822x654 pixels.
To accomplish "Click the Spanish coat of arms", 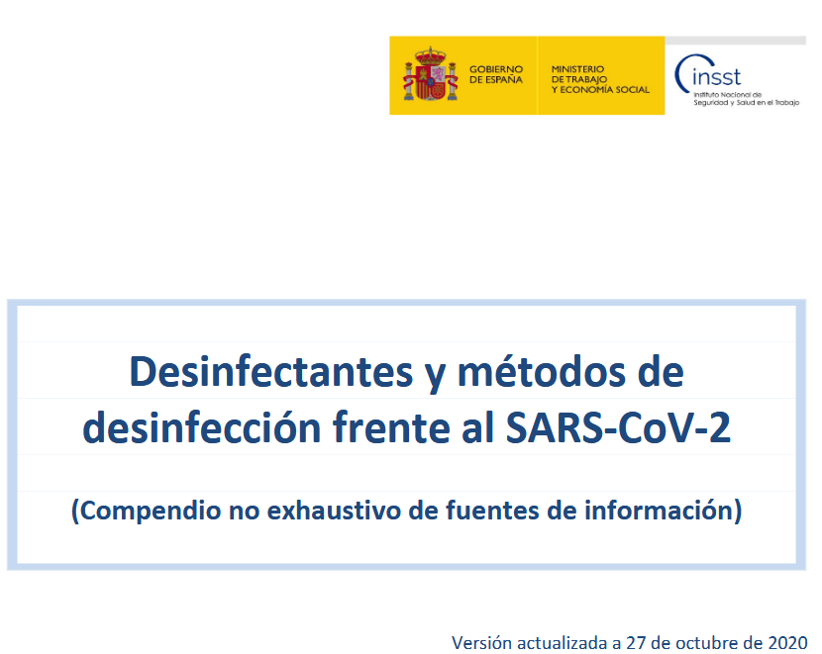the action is click(x=431, y=74).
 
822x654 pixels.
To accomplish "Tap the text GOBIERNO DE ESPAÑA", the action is click(x=496, y=74).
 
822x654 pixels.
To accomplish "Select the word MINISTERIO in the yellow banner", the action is click(x=577, y=68).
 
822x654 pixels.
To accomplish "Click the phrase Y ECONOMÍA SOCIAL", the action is click(x=600, y=89).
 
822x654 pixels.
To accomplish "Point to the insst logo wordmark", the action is click(x=716, y=77).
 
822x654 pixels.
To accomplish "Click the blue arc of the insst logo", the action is click(x=680, y=73).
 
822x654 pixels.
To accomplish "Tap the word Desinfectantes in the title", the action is click(x=271, y=371).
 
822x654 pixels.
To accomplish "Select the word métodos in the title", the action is click(x=542, y=371).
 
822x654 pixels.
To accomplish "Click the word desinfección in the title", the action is click(x=202, y=427).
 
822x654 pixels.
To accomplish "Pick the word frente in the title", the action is click(x=391, y=427).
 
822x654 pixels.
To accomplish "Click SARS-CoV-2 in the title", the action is click(x=618, y=427).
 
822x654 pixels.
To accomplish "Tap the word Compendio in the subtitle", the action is click(x=147, y=511).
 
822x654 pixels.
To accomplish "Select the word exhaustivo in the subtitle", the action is click(x=334, y=510).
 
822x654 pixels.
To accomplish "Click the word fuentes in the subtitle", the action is click(x=492, y=510).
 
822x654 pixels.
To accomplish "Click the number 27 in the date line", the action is click(x=636, y=642).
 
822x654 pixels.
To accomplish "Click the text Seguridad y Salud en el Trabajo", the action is click(x=746, y=103).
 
